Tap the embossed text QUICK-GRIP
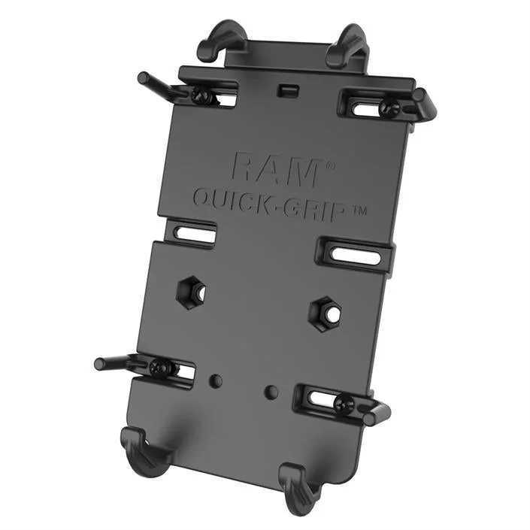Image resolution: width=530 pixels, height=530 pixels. [269, 204]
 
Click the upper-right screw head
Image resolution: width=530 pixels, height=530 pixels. [386, 108]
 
